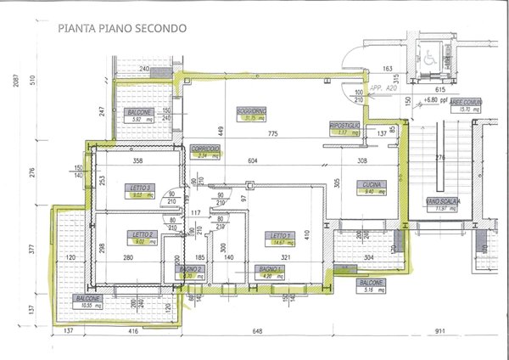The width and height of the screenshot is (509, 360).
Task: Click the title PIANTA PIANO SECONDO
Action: (x=123, y=28)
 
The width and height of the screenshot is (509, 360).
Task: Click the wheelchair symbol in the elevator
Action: (x=430, y=59)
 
